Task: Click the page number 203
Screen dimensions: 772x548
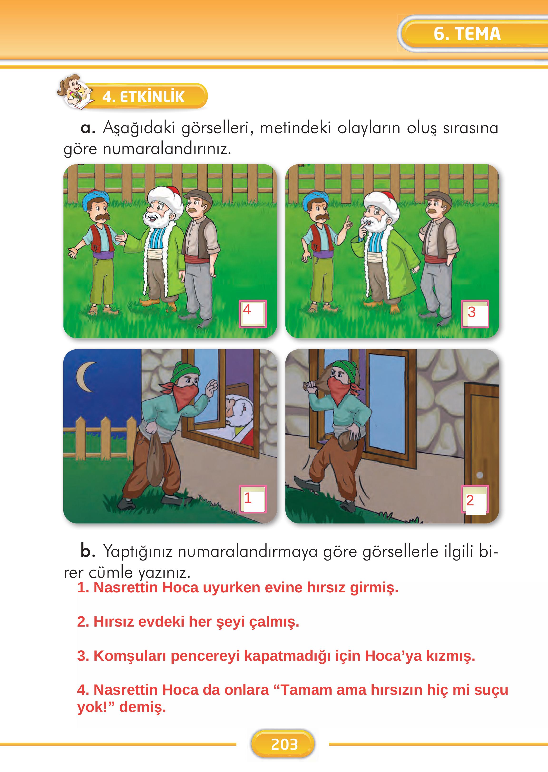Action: point(284,744)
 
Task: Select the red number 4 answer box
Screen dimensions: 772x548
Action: point(253,313)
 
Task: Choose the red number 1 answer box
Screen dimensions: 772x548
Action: point(253,499)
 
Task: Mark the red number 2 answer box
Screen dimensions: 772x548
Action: point(475,500)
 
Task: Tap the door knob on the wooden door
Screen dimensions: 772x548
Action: point(479,475)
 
